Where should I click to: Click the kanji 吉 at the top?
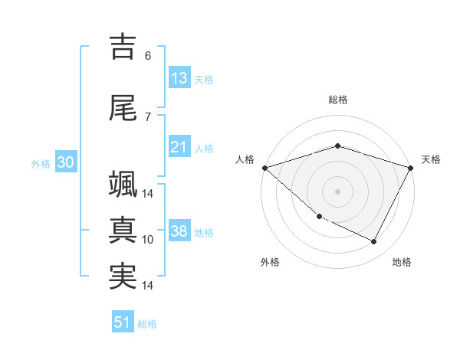coord(123,47)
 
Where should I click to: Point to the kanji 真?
coord(123,231)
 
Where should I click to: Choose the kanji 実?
coord(123,277)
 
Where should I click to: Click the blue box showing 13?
coord(179,77)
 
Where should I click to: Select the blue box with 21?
coord(179,147)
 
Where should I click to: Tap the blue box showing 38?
coord(179,231)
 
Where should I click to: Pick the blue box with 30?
coord(65,162)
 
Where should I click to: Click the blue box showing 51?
coord(123,322)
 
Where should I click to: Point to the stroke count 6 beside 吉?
coord(148,55)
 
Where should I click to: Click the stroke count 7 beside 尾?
coord(148,116)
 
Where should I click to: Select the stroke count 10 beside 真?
coord(148,240)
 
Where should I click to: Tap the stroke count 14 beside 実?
coord(148,286)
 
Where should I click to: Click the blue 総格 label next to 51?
coord(147,324)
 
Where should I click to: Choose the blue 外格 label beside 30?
coord(41,164)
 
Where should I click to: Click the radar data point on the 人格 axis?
coord(264,167)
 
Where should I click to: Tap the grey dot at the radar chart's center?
coord(337,191)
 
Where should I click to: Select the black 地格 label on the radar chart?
coord(402,262)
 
